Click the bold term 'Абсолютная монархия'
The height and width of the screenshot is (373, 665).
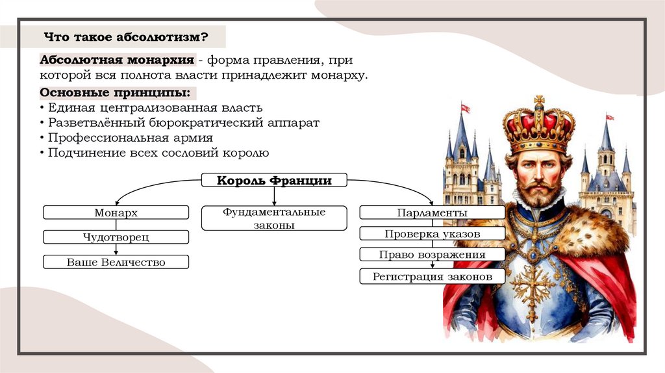(x=118, y=60)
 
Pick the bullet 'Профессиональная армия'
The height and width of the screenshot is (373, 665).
(x=129, y=138)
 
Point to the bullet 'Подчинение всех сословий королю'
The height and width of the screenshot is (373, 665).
(x=157, y=153)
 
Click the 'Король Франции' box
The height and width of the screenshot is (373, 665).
(x=274, y=181)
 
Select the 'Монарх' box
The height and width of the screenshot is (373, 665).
(x=116, y=212)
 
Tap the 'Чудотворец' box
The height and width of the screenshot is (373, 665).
(x=116, y=237)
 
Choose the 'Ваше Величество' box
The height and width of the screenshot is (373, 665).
(x=116, y=262)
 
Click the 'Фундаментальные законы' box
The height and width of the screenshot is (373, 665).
(x=274, y=218)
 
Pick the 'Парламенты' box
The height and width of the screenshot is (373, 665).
(x=432, y=212)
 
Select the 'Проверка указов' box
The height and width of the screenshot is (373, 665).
(x=432, y=233)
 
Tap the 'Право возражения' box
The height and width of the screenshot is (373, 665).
(x=432, y=255)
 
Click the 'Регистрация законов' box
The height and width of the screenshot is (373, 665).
(x=432, y=277)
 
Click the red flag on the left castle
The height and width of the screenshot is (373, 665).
(x=465, y=109)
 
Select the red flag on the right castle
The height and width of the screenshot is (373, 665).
(x=609, y=117)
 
